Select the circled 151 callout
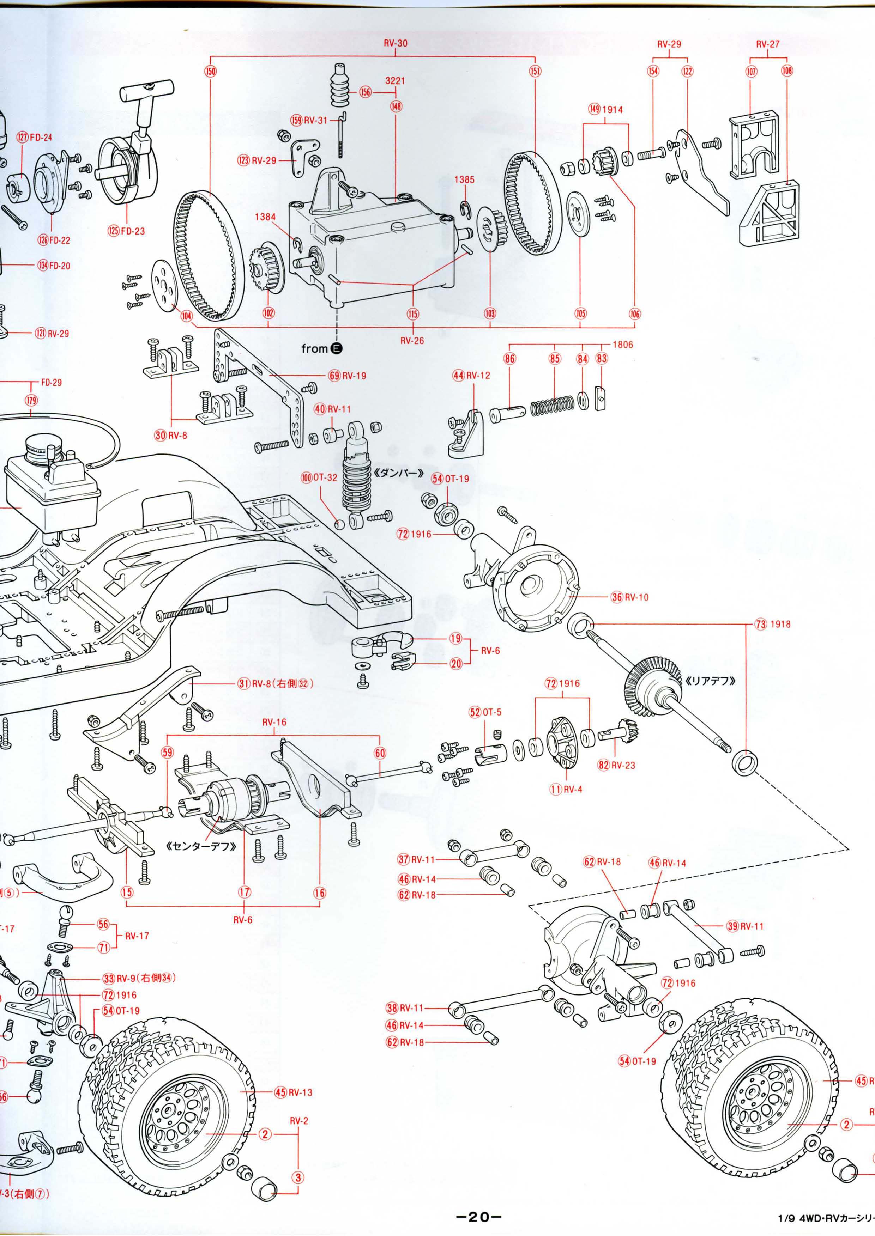535,71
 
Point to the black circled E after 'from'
337,348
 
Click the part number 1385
464,180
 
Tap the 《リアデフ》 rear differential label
711,680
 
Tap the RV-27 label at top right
767,44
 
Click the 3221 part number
396,81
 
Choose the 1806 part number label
622,344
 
